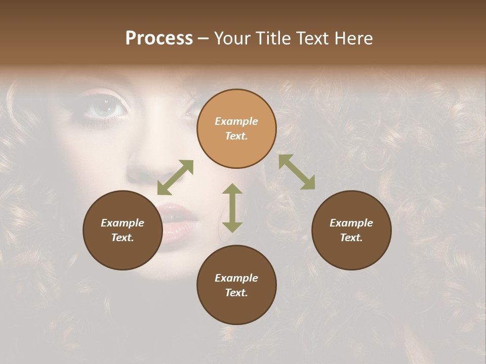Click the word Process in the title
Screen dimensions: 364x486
[x=159, y=38]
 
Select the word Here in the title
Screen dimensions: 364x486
[x=353, y=38]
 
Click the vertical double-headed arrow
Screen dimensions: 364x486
[x=232, y=208]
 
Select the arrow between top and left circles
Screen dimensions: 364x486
[x=175, y=177]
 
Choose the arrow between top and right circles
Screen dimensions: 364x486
[x=297, y=172]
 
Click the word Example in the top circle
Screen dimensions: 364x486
[x=236, y=121]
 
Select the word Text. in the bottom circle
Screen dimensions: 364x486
[x=236, y=293]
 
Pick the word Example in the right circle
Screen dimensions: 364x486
[x=351, y=223]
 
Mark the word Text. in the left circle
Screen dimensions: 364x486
[x=123, y=238]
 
